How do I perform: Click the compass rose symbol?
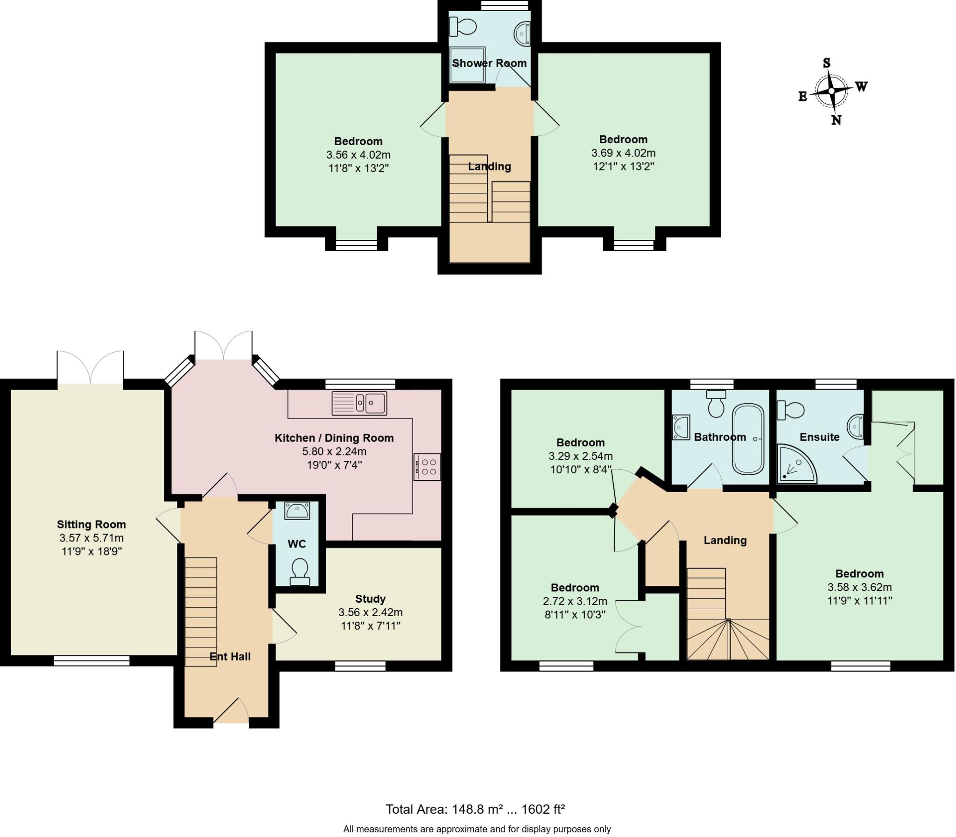(x=831, y=91)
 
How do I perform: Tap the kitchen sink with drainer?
(x=359, y=403)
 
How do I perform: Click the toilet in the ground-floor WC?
(x=299, y=573)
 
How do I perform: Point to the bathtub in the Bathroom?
(x=748, y=439)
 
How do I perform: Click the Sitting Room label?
(x=91, y=524)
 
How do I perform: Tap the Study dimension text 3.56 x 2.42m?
(x=370, y=612)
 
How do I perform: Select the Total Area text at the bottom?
(x=475, y=809)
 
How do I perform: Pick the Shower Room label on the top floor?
(x=489, y=63)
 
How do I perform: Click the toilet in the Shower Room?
(x=462, y=27)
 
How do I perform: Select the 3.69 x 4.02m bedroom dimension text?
(x=623, y=153)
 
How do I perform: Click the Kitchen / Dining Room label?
(x=334, y=438)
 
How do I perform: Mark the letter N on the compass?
(x=836, y=120)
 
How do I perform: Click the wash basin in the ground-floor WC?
(x=296, y=511)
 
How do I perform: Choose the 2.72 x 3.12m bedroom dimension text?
(x=575, y=601)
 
